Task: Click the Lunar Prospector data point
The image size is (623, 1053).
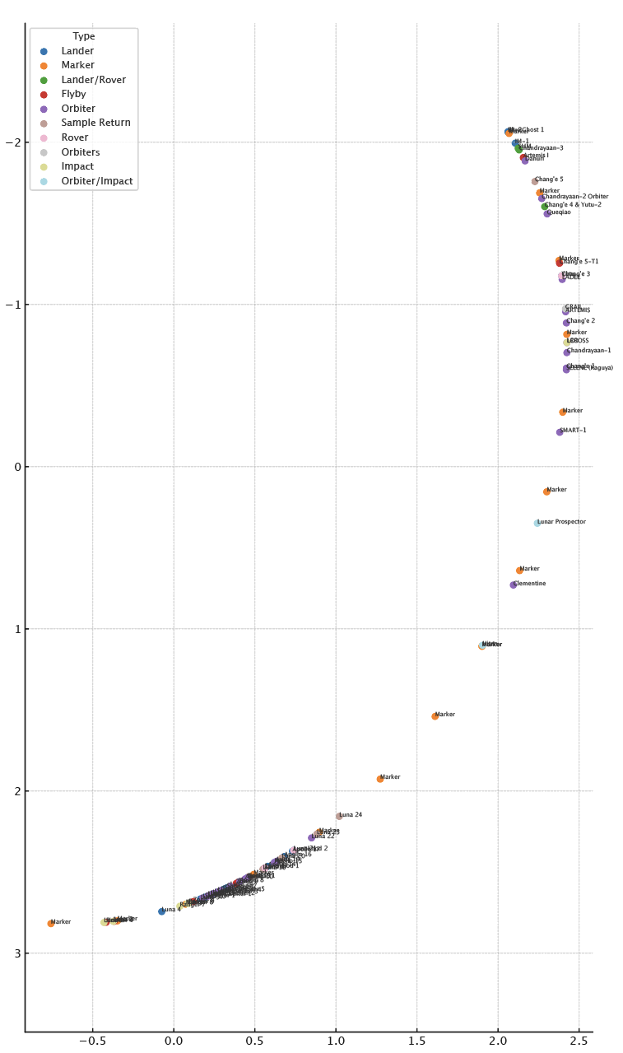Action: (x=537, y=524)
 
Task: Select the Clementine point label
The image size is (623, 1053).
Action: (x=529, y=584)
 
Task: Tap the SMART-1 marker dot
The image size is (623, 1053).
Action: (x=560, y=432)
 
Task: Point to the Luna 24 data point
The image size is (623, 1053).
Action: (x=339, y=816)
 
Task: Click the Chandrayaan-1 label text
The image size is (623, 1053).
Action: (x=588, y=351)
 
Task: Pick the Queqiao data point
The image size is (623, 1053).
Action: (x=547, y=214)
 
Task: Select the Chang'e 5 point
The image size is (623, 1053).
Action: (x=535, y=181)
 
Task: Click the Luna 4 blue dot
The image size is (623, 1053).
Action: (x=161, y=911)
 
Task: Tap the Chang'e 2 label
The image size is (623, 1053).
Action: (x=581, y=321)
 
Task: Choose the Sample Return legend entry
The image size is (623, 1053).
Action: (x=95, y=123)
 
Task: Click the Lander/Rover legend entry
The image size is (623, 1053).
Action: (x=93, y=80)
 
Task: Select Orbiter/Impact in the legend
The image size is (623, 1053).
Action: (x=96, y=181)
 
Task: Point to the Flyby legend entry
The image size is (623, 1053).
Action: (x=73, y=94)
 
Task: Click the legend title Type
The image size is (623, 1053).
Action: (x=83, y=36)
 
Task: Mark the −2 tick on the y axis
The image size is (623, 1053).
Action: (x=12, y=142)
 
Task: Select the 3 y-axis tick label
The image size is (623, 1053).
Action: (x=16, y=953)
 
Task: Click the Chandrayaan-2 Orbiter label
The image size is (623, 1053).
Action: (x=574, y=197)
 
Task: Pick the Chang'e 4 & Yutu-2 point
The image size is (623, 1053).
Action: (x=545, y=207)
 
